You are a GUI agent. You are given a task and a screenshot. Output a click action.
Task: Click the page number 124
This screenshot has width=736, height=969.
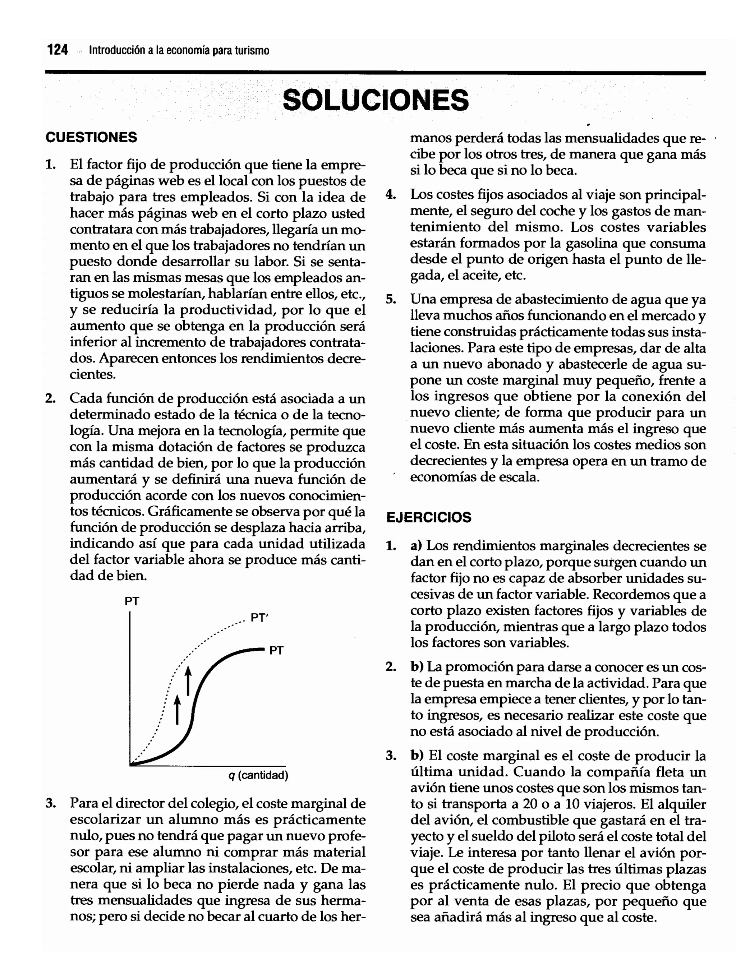[58, 50]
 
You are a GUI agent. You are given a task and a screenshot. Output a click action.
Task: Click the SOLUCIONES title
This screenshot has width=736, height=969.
[376, 100]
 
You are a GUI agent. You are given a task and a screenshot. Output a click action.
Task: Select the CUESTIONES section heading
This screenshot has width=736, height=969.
[91, 138]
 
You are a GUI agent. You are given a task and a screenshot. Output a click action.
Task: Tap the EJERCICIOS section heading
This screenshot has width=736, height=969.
[428, 517]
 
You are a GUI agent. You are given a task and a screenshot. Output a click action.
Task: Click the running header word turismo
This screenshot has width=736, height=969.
[252, 51]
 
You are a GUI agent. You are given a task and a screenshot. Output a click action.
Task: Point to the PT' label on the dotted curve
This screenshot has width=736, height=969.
[259, 618]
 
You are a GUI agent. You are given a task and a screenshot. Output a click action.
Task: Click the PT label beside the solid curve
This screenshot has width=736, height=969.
[276, 651]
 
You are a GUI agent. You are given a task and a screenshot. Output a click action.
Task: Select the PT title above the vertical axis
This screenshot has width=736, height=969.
[132, 601]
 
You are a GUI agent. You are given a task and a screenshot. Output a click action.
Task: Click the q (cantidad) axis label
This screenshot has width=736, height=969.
[258, 775]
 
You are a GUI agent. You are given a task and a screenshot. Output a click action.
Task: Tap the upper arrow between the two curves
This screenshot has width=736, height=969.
[188, 680]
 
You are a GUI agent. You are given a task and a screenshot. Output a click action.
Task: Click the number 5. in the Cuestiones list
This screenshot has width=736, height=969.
[391, 300]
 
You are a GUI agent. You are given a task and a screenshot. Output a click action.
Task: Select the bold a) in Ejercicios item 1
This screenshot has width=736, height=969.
[416, 546]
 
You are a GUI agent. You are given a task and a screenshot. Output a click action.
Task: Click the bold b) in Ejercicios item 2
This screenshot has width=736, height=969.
[417, 667]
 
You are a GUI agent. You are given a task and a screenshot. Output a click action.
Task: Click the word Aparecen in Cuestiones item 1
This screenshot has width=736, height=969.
[128, 358]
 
